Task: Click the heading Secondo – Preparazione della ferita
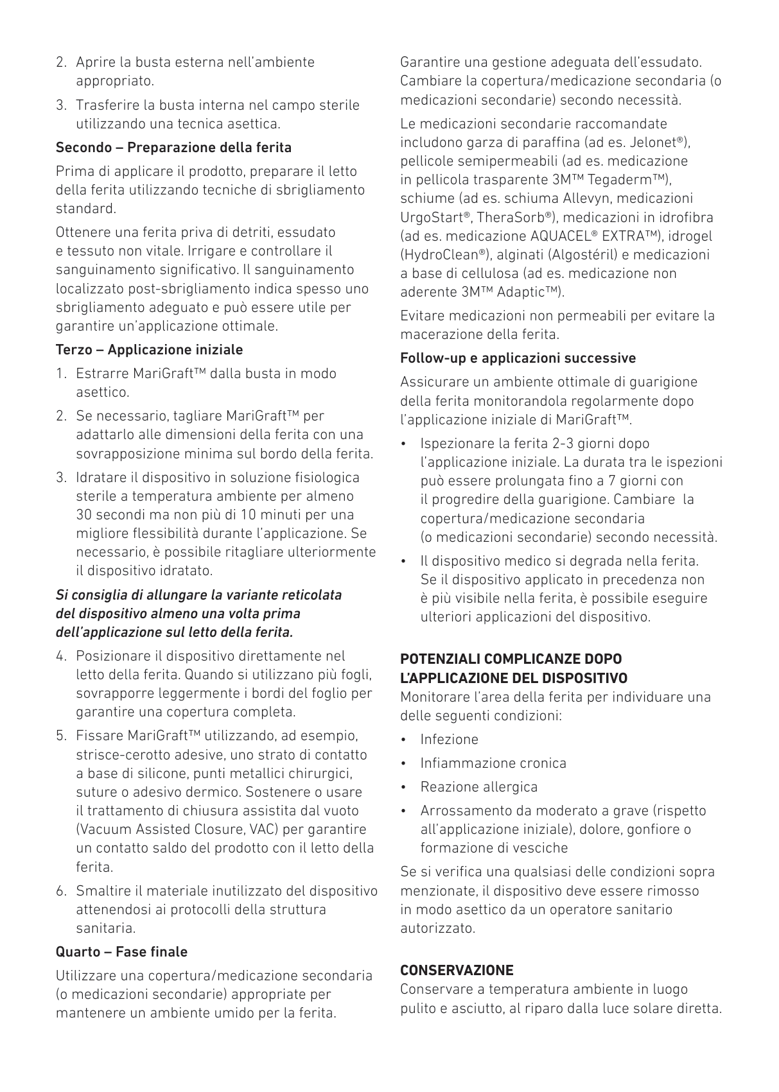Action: coord(173,148)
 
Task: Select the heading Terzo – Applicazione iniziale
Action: coord(150,350)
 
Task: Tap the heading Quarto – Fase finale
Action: coord(122,952)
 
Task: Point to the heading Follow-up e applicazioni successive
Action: coord(518,358)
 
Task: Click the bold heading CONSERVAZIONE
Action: coord(457,970)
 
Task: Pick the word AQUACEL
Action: coord(562,236)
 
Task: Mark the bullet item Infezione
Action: coord(449,740)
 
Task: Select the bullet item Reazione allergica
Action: coord(478,787)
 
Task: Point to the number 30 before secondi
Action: coord(84,515)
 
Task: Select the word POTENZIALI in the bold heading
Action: coord(440,659)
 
